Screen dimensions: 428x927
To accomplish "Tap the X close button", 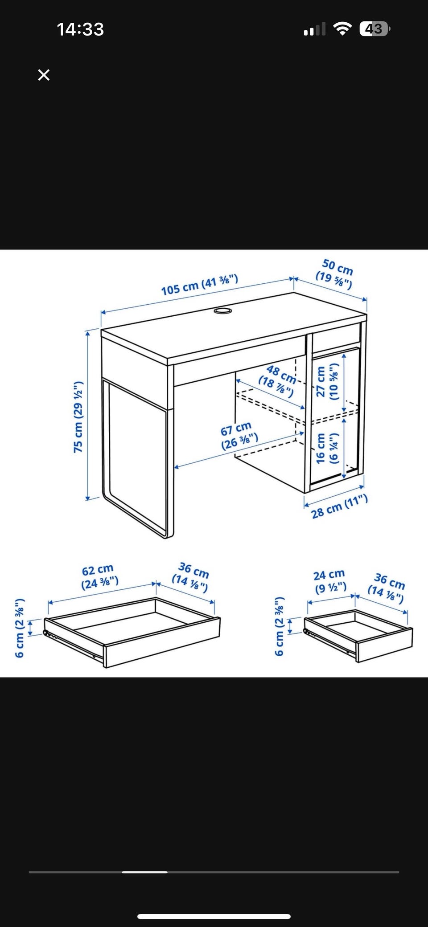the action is tap(44, 75).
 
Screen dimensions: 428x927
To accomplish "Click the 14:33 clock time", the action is tap(80, 29).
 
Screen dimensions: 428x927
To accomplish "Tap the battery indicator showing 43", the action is tap(375, 29).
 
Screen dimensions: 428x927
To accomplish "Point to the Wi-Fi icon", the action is tap(342, 29).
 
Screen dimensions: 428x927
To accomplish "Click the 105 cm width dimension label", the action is tap(199, 285).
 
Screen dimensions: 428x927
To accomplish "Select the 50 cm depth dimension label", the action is tap(335, 274).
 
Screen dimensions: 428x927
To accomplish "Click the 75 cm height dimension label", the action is tap(78, 417).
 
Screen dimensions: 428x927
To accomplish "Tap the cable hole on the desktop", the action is tap(222, 310).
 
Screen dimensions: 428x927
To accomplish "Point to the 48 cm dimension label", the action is tap(278, 381).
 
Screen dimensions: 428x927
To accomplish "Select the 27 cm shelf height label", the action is tap(327, 382).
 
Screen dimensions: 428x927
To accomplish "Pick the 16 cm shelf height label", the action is tap(327, 449).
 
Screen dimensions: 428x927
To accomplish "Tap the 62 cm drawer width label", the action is tap(99, 576).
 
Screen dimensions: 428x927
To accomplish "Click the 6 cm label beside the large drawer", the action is tap(19, 628).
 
